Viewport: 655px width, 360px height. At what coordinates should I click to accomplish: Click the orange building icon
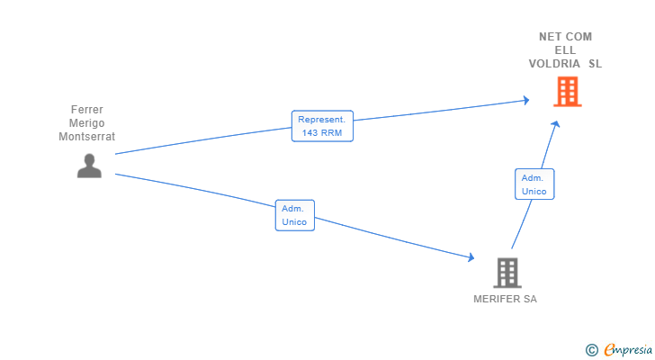567,92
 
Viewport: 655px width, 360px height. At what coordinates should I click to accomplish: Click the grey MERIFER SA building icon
507,272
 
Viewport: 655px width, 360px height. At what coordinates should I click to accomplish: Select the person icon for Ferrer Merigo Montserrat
89,166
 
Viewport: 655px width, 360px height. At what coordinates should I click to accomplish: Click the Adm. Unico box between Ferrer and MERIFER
294,215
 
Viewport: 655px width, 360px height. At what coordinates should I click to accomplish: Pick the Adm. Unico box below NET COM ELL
534,184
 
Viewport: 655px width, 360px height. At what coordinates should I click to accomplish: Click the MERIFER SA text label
505,300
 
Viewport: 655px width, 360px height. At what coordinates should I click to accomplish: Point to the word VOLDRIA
555,64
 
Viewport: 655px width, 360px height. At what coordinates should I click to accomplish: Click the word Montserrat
87,137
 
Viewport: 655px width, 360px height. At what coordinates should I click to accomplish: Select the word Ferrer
87,110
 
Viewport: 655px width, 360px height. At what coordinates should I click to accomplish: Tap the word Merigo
87,123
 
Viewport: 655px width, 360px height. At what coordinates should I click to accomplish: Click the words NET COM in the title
565,37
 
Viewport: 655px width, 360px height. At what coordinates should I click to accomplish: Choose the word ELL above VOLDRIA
565,50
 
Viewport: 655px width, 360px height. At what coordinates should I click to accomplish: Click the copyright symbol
591,349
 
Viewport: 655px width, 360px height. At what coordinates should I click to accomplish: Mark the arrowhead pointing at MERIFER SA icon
471,258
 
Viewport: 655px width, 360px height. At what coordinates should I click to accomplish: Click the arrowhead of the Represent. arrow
525,100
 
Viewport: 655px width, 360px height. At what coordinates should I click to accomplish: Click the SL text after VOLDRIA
596,64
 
